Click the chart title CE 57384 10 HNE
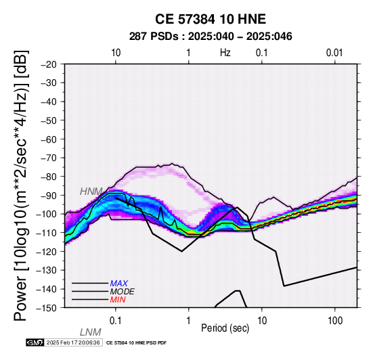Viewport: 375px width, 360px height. tap(211, 19)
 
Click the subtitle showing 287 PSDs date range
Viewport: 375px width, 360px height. tap(211, 37)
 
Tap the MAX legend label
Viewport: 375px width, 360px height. tap(118, 284)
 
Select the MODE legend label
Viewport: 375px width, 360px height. tap(123, 292)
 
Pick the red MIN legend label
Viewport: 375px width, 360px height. tap(118, 300)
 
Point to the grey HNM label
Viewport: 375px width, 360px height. tap(91, 192)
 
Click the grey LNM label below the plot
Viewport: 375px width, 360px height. tap(91, 332)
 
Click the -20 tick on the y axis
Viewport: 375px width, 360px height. tap(49, 64)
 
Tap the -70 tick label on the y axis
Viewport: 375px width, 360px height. tap(49, 158)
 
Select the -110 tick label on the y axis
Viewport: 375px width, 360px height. tap(46, 233)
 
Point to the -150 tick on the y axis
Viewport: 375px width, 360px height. tap(46, 308)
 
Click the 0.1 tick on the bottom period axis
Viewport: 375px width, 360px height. tap(116, 321)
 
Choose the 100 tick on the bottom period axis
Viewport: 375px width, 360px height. tap(335, 321)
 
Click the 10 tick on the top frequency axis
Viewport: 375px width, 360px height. tap(116, 53)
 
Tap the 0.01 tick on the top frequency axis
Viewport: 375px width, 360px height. tap(334, 53)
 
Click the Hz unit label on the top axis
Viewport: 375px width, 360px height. tap(225, 53)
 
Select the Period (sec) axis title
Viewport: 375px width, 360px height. tap(225, 328)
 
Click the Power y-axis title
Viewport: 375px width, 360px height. tap(21, 185)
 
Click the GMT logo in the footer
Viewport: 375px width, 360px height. tap(35, 342)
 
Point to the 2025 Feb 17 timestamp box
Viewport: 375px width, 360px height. tap(73, 342)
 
